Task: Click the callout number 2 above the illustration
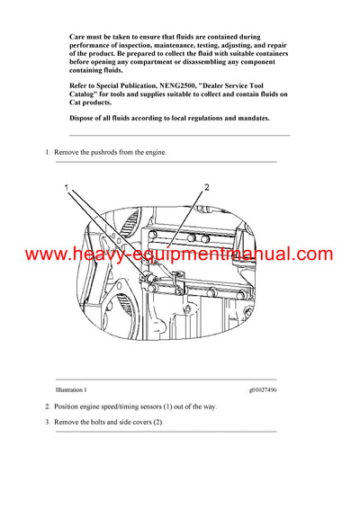(x=207, y=187)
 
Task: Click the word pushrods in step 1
(x=95, y=153)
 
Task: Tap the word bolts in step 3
(x=102, y=422)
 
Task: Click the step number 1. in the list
(x=49, y=153)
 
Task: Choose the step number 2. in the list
(x=49, y=406)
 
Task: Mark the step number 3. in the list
(x=49, y=422)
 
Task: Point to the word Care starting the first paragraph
(x=77, y=34)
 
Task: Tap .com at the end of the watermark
(x=310, y=255)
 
